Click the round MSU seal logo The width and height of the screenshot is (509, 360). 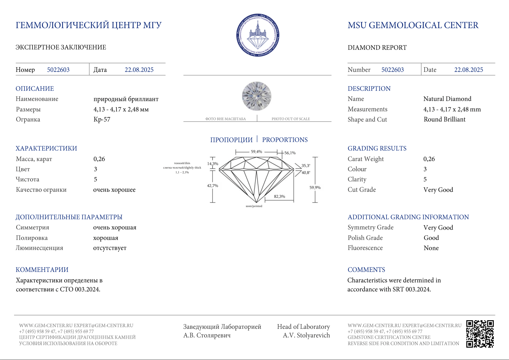tap(258, 35)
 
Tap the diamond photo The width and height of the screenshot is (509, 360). tap(257, 96)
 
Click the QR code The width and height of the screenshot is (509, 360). tap(480, 334)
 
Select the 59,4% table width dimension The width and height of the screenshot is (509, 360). tap(256, 152)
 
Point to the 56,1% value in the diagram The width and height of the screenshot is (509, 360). tap(290, 153)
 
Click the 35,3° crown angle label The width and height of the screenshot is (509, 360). tap(306, 166)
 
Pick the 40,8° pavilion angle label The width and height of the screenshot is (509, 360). tap(306, 173)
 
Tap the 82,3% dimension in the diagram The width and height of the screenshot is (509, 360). tap(279, 197)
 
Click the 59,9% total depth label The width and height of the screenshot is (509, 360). tap(315, 188)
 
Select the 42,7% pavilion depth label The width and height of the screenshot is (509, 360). tap(213, 186)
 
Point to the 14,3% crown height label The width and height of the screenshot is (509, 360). tap(213, 164)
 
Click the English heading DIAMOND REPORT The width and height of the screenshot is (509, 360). tap(377, 48)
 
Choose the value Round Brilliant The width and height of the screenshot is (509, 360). tap(444, 120)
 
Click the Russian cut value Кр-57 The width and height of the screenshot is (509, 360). tap(102, 120)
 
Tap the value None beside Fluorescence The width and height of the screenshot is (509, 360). tap(431, 248)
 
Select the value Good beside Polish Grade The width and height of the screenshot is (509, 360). tap(431, 238)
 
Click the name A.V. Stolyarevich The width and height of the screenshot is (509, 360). tap(306, 335)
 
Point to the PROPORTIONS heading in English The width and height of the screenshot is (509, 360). tap(285, 140)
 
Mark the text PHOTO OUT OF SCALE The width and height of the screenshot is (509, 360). tap(290, 119)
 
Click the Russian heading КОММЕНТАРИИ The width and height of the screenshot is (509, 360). tap(42, 270)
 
